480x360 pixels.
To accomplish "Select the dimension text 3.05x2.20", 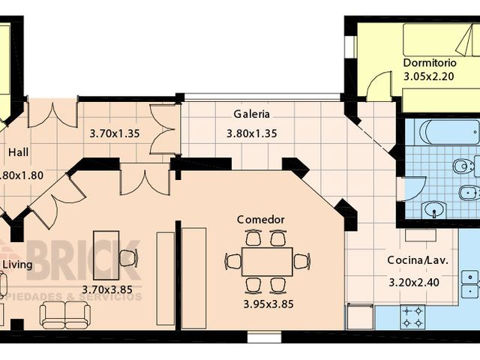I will tap(430, 76).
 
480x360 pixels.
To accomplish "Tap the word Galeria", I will tap(251, 115).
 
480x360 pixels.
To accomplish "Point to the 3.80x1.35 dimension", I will tap(252, 135).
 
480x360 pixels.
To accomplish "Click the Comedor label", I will tap(260, 220).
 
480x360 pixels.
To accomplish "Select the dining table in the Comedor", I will tap(267, 261).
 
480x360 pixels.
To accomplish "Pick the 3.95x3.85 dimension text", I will tap(268, 304).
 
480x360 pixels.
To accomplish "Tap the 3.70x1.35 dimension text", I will tap(115, 135).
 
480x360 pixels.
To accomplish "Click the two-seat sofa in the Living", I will tap(64, 314).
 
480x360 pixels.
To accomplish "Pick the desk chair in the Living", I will tap(127, 258).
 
